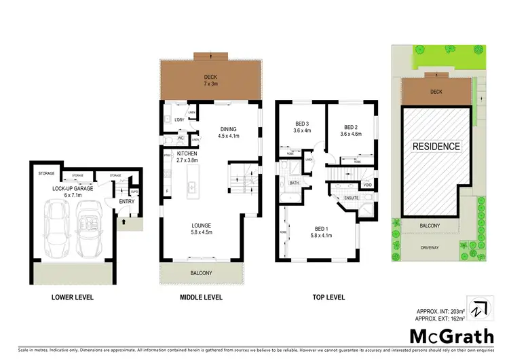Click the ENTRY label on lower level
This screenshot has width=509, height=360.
click(x=126, y=201)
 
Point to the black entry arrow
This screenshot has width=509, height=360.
click(x=123, y=221)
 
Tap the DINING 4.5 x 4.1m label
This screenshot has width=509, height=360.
click(x=227, y=132)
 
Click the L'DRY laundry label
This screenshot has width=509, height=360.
click(x=179, y=120)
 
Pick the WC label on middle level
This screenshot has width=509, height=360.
click(x=181, y=139)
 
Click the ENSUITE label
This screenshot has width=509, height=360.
click(x=353, y=198)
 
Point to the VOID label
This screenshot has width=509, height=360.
click(x=367, y=184)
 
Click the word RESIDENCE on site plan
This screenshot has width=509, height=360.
click(x=437, y=146)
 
